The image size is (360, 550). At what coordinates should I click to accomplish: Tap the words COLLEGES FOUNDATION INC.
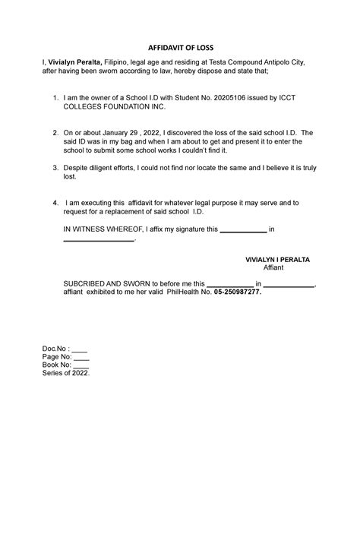tap(112, 107)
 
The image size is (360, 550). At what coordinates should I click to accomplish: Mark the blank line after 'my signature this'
tap(242, 229)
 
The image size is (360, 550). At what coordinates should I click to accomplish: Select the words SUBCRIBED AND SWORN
tap(106, 284)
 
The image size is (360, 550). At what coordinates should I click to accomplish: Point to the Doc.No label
tap(55, 349)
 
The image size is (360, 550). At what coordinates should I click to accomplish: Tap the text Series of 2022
tap(66, 373)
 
